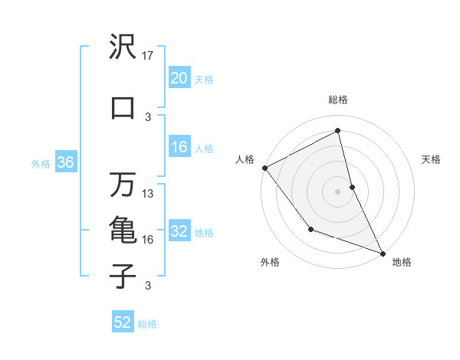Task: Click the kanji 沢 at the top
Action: (123, 47)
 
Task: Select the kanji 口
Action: (123, 107)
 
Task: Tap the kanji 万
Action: (123, 184)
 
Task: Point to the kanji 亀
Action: (123, 230)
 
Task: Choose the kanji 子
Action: (123, 276)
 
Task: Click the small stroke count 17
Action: (148, 56)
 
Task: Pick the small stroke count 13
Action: (148, 194)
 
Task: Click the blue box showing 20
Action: (179, 78)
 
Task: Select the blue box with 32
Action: (179, 232)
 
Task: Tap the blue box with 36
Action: (64, 162)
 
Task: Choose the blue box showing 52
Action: (123, 322)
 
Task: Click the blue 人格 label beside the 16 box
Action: (204, 149)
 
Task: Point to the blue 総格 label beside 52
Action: (147, 324)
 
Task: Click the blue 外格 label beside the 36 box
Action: (41, 163)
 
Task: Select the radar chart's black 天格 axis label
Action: (432, 159)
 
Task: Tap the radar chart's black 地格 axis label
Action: (402, 262)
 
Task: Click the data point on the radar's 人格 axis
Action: (264, 168)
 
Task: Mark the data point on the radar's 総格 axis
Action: (337, 132)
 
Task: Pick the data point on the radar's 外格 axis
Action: (310, 228)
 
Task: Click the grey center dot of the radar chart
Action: (337, 191)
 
